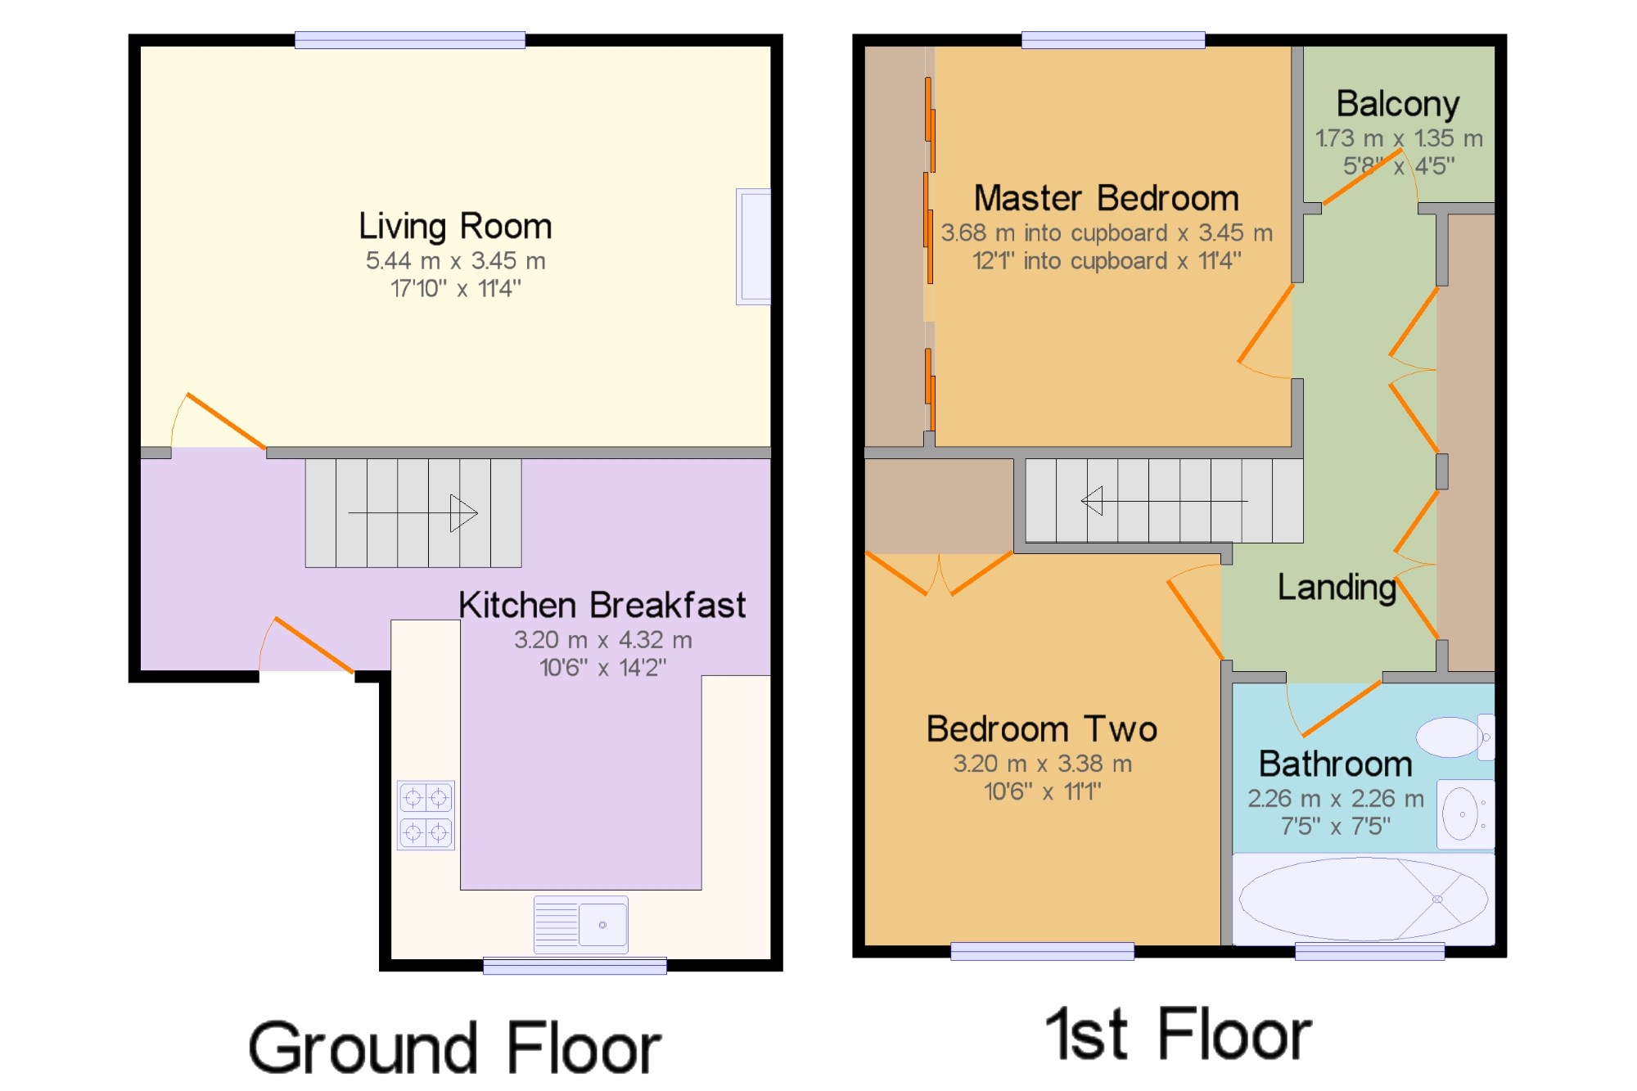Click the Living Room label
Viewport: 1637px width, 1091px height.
pos(455,227)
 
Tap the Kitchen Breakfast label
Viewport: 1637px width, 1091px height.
pos(602,606)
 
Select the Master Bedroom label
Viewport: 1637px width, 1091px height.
pos(1107,198)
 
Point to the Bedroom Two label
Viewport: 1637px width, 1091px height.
pos(1042,729)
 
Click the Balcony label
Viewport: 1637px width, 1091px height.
pos(1398,105)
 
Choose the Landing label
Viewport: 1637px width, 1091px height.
pos(1337,588)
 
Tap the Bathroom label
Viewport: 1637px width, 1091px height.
pos(1336,764)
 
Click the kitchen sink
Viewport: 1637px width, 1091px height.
pos(581,925)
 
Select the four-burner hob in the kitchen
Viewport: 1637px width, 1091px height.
pos(426,815)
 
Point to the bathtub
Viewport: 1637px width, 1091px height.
pos(1364,899)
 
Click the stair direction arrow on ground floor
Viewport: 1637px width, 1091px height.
pos(413,513)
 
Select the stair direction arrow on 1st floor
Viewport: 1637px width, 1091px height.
pos(1165,501)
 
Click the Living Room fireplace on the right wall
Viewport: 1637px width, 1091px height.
pos(753,246)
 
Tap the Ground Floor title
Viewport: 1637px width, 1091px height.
pos(455,1048)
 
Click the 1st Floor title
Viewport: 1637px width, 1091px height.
pos(1179,1035)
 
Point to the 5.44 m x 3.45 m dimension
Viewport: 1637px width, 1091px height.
pos(455,261)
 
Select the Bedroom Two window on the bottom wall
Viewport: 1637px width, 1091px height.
pos(1042,951)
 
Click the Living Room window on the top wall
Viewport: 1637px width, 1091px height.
pos(410,40)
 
